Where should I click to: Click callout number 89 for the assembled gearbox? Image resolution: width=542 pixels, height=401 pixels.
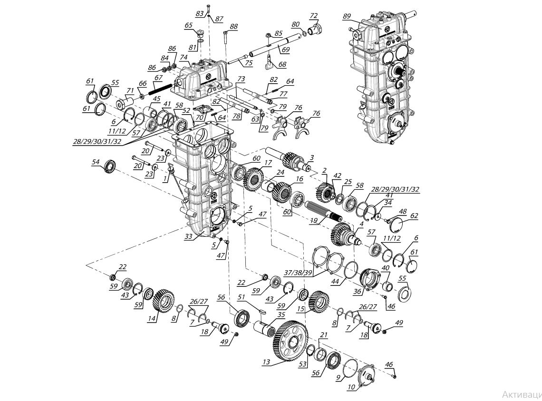[x=346, y=16]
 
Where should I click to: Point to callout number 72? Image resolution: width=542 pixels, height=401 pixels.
[x=313, y=16]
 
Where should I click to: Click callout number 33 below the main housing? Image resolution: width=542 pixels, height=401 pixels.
[x=189, y=236]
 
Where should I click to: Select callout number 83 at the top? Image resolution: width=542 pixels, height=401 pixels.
[x=200, y=13]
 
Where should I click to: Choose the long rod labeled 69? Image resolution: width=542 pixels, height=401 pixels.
[x=266, y=46]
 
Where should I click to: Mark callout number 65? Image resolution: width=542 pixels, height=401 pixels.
[x=189, y=25]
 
